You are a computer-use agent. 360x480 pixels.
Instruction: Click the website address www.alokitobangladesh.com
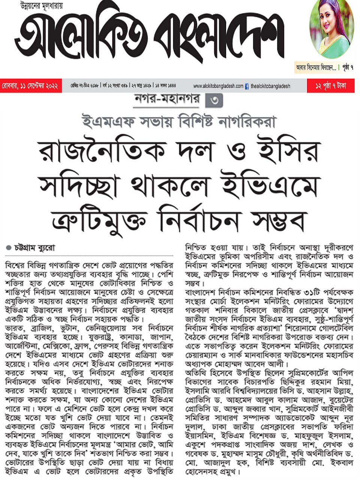coord(218,86)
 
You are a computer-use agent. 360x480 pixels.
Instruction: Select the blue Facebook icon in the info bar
coord(247,86)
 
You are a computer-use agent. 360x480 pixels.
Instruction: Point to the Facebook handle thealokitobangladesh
coord(270,86)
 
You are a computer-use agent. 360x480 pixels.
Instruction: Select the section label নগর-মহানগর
coord(166,100)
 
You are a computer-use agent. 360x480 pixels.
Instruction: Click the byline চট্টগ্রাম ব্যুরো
coord(35,248)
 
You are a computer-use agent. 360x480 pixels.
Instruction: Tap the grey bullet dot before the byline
coord(9,248)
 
